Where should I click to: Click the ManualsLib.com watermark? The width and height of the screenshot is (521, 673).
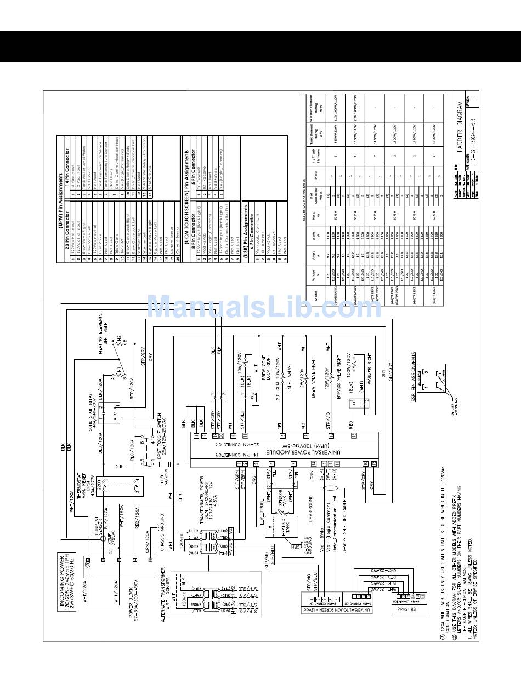point(264,308)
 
